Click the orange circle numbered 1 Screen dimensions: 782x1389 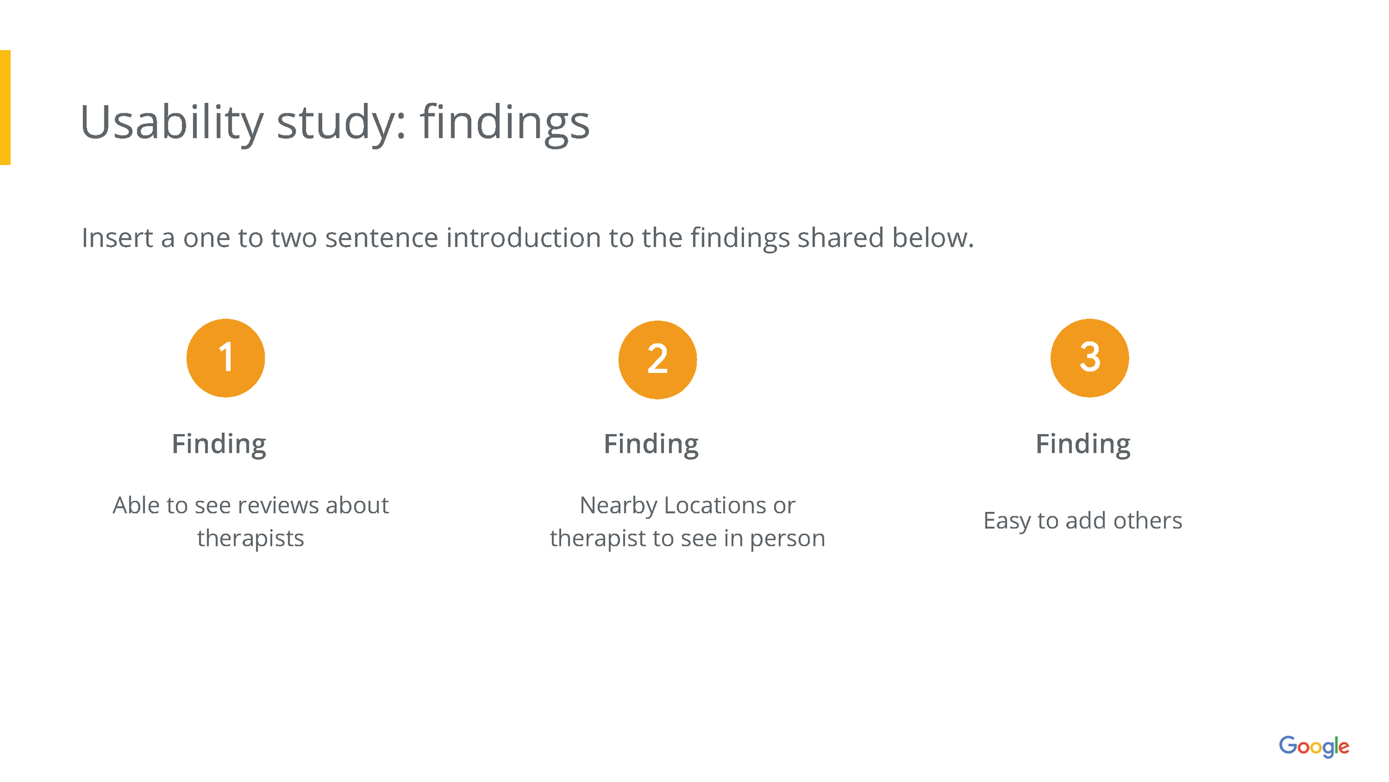[x=226, y=358]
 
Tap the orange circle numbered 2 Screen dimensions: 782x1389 [x=657, y=360]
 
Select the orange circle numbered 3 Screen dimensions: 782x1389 [x=1090, y=358]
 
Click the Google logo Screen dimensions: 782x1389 [x=1314, y=746]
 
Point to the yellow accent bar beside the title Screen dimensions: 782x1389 [x=5, y=107]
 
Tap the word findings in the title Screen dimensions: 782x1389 [x=504, y=123]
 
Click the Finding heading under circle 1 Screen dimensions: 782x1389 [x=219, y=444]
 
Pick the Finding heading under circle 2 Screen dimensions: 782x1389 [x=651, y=444]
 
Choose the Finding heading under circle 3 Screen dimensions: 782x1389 [x=1083, y=444]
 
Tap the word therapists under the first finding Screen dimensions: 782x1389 [x=251, y=538]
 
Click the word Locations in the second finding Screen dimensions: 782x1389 [x=716, y=506]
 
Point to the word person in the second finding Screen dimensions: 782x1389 [x=787, y=538]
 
